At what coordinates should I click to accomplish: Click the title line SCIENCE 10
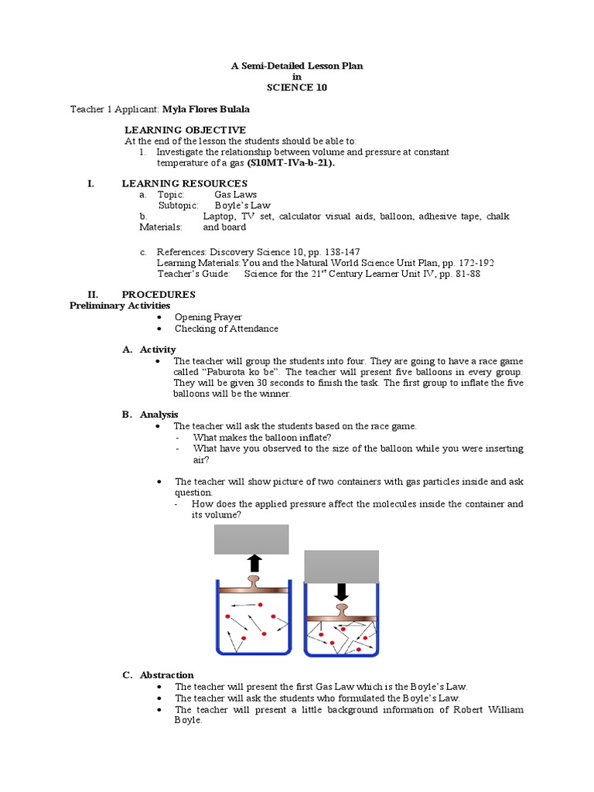(297, 87)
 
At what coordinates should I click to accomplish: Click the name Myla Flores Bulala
(206, 109)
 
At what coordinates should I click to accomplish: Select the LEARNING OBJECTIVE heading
(186, 129)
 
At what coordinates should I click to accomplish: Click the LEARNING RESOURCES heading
(185, 183)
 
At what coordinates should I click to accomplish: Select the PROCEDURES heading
(159, 294)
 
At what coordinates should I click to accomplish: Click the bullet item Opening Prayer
(208, 317)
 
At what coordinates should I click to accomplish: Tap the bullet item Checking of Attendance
(226, 329)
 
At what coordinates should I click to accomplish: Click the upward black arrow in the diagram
(254, 562)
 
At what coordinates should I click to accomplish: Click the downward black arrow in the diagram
(341, 591)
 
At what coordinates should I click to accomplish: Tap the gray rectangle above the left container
(251, 539)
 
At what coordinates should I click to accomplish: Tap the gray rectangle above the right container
(341, 565)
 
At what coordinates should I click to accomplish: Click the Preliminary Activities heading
(120, 306)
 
